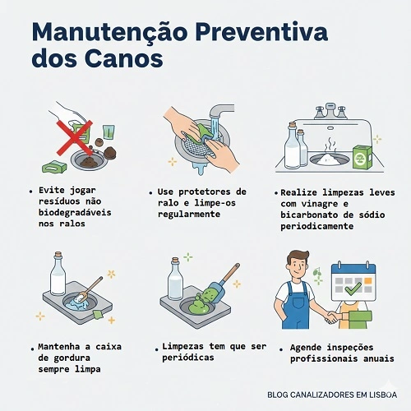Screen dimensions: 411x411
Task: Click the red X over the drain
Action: point(75,134)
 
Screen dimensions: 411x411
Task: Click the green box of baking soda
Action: point(362,156)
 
